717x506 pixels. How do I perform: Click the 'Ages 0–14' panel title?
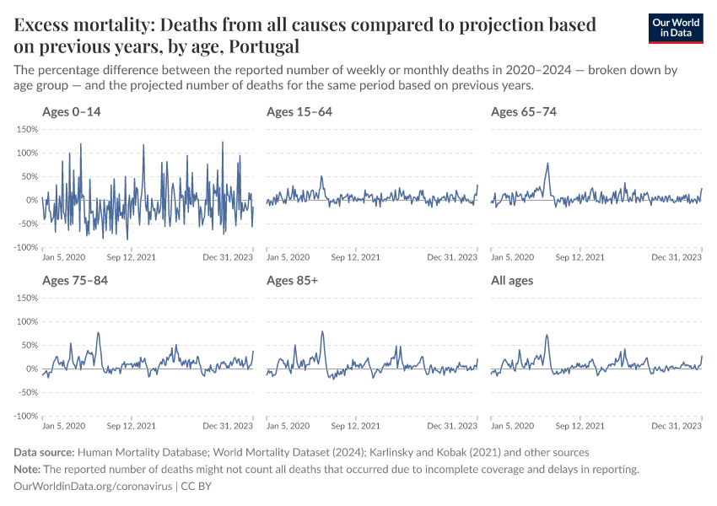click(71, 111)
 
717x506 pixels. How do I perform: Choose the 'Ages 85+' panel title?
click(292, 280)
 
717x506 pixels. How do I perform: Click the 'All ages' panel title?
click(512, 280)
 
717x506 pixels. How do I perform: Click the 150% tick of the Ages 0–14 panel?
click(26, 129)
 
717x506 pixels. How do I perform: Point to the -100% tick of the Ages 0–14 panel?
click(24, 247)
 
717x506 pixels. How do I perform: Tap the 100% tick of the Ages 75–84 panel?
click(26, 321)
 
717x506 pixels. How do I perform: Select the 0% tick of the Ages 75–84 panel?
click(31, 369)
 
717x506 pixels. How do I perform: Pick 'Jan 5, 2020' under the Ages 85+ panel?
click(288, 426)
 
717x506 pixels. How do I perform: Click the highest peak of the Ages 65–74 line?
click(548, 164)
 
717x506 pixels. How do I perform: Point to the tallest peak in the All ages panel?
click(547, 335)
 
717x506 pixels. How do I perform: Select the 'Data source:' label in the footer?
click(44, 452)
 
